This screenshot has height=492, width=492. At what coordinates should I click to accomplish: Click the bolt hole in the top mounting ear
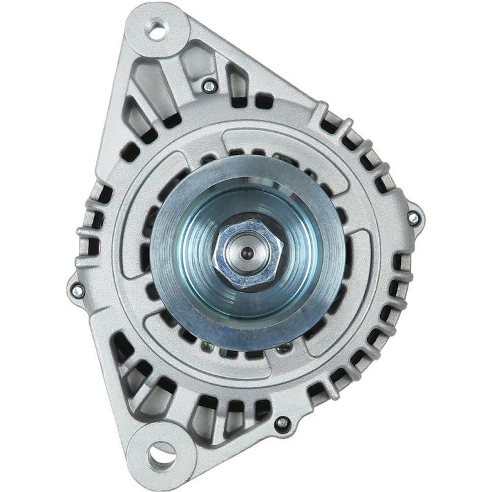coord(157,30)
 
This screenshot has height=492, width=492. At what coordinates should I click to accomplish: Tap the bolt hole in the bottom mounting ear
coord(161,455)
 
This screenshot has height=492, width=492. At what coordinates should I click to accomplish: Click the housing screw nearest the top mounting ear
coord(209,86)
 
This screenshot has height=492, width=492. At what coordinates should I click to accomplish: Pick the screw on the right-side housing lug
coord(414,218)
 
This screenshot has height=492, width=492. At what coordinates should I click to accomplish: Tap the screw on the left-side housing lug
coord(77,291)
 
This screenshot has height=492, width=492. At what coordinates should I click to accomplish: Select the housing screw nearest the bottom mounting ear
coord(282,423)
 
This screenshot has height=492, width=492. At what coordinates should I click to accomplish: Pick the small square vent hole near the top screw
coord(264,100)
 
